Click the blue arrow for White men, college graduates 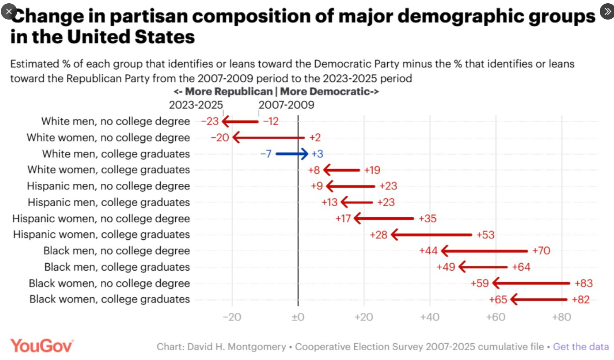point(292,154)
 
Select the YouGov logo point(42,346)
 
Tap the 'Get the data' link point(581,347)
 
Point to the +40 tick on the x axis point(430,317)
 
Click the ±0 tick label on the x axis point(298,317)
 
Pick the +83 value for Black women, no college point(583,283)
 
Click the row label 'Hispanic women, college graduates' point(102,234)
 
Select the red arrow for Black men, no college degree point(484,251)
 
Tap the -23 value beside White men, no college point(210,121)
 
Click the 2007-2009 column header point(286,105)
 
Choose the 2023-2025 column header point(196,105)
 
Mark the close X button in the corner point(9,11)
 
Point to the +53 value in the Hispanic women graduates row point(485,235)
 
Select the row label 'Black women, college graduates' point(109,299)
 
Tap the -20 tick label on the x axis point(232,317)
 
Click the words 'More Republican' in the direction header point(229,91)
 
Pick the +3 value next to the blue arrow point(317,154)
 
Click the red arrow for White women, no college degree point(268,137)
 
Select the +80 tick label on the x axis point(561,317)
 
